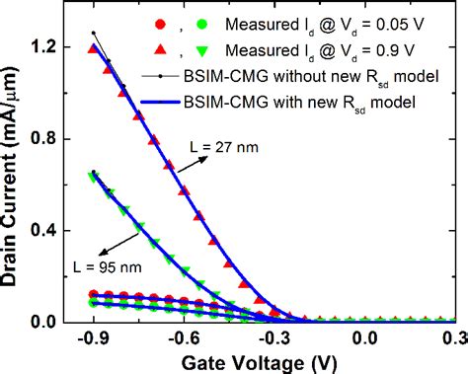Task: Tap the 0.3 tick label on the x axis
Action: pos(453,339)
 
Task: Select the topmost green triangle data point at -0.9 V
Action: pos(94,178)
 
